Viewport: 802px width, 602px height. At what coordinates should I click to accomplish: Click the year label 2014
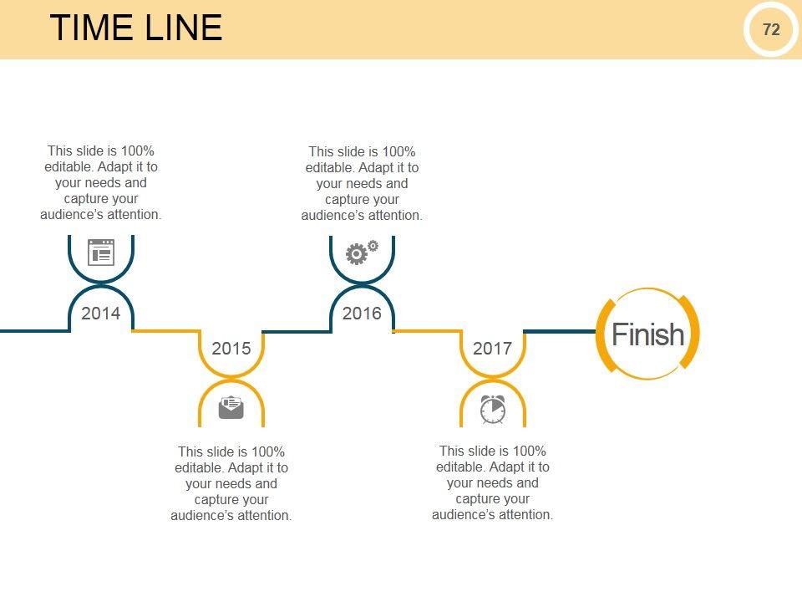click(x=100, y=314)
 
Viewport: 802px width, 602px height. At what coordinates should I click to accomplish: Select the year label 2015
click(x=231, y=348)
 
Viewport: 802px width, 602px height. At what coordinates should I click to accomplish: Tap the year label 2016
click(x=362, y=314)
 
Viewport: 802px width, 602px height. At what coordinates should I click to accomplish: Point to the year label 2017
click(x=492, y=348)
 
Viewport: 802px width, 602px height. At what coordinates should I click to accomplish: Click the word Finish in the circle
click(x=647, y=334)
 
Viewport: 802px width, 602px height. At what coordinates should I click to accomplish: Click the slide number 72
click(x=771, y=29)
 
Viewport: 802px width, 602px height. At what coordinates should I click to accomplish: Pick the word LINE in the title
click(x=185, y=28)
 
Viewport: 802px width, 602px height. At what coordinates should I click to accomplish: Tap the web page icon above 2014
click(x=100, y=252)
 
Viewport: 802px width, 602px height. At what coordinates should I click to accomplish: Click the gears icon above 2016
click(x=361, y=252)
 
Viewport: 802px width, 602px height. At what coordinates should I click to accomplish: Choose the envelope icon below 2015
click(x=231, y=407)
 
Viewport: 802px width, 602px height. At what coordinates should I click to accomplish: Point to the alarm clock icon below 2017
click(x=493, y=409)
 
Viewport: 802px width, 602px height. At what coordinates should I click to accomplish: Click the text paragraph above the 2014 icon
click(x=101, y=183)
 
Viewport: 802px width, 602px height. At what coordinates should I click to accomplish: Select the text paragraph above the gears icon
click(x=362, y=184)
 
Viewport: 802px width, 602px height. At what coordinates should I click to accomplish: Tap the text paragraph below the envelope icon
click(x=231, y=483)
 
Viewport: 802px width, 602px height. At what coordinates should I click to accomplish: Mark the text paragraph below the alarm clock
click(x=492, y=483)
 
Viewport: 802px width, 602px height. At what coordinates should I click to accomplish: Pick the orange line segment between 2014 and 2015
click(x=165, y=331)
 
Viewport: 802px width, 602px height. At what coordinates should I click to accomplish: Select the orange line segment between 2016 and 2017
click(x=426, y=331)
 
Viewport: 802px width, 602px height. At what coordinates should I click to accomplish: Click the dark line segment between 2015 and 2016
click(x=297, y=331)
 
